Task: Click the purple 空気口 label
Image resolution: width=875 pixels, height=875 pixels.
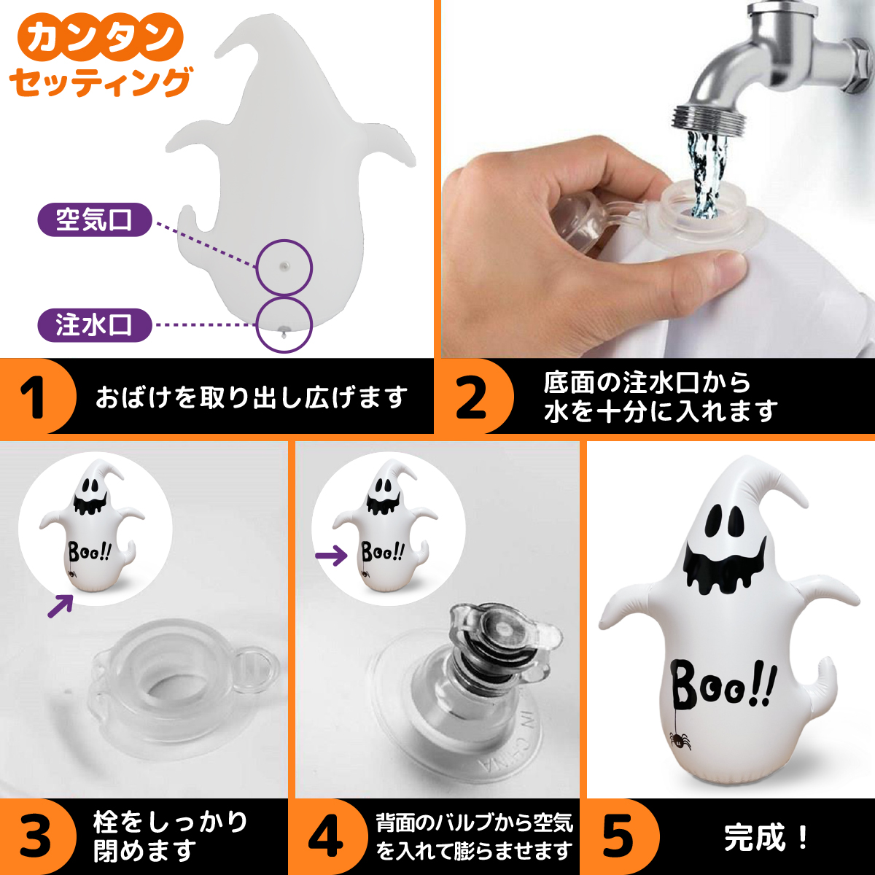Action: point(94,219)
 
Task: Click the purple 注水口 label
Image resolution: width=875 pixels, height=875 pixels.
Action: point(94,325)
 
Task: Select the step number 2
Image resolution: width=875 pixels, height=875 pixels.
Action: point(472,397)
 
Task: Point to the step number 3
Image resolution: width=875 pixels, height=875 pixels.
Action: point(35,838)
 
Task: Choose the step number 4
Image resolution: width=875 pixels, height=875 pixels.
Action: point(325,838)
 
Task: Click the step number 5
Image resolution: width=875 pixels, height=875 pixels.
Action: point(618,838)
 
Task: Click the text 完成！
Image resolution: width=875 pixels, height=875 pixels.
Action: point(766,838)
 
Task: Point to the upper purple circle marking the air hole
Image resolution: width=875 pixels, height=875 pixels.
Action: point(284,267)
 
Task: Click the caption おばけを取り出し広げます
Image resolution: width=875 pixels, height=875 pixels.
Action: point(252,397)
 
